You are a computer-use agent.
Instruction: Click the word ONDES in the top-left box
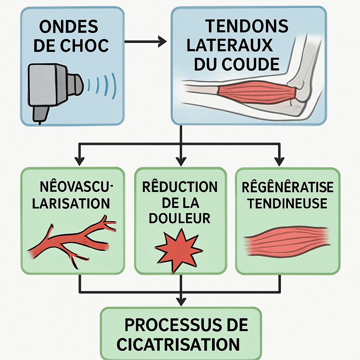[69, 27]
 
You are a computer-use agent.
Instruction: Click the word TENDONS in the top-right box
[246, 26]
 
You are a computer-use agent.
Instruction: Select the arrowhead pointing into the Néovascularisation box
[80, 162]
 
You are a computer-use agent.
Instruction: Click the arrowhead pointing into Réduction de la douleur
[181, 162]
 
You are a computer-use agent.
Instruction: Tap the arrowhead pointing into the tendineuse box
[280, 162]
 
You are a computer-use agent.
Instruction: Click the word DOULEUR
[179, 218]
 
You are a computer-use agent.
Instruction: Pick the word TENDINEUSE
[287, 203]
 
